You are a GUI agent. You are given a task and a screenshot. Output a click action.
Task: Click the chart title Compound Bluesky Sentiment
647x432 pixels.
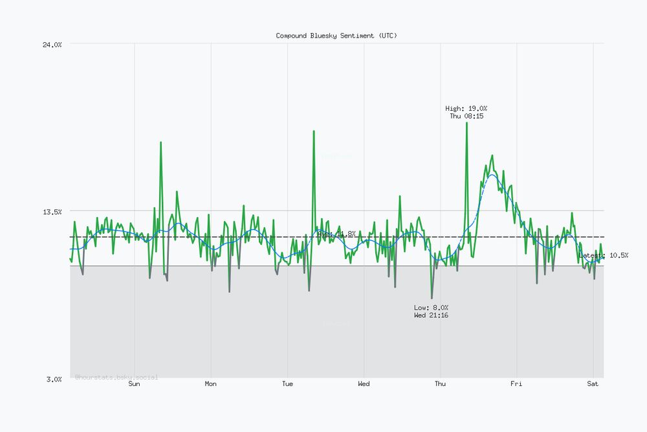click(x=336, y=36)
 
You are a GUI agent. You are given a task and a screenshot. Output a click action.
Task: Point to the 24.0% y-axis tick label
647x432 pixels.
click(x=52, y=44)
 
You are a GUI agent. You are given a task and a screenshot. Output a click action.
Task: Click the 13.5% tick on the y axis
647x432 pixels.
click(x=52, y=212)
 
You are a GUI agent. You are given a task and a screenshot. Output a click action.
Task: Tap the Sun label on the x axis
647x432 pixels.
click(x=134, y=384)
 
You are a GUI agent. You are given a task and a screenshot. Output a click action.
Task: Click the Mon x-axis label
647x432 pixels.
click(x=211, y=384)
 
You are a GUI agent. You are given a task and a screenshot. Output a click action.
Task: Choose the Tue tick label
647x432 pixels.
click(x=287, y=384)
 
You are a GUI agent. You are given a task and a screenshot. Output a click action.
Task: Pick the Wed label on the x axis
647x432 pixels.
click(x=364, y=384)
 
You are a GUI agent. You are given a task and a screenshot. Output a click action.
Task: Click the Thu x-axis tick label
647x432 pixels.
click(x=440, y=384)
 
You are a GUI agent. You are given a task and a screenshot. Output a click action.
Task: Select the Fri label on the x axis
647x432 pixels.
click(x=516, y=384)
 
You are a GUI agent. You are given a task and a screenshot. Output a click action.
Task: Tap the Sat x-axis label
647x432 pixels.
click(x=593, y=384)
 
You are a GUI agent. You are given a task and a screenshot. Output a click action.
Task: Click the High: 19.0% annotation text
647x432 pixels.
click(x=466, y=108)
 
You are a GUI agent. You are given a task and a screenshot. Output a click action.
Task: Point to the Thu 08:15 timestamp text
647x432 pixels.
click(x=466, y=116)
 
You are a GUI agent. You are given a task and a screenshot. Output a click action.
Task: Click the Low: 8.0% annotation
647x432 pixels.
click(x=431, y=308)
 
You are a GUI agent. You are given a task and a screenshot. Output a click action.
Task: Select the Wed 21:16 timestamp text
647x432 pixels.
click(x=431, y=315)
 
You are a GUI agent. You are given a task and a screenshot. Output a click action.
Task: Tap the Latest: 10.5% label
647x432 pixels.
click(x=603, y=256)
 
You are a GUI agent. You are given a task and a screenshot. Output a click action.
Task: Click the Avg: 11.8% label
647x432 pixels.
click(x=336, y=234)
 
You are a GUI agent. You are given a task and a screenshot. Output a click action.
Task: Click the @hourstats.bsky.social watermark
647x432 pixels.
click(x=116, y=377)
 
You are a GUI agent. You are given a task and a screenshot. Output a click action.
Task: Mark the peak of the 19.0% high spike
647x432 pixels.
click(x=466, y=122)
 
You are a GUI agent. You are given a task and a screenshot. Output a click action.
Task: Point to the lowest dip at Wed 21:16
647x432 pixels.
click(x=432, y=298)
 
